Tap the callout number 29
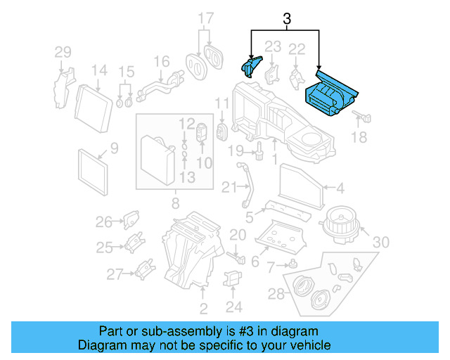point(63,51)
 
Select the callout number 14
point(98,70)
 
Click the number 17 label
point(205,18)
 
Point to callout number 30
point(380,242)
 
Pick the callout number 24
point(234,306)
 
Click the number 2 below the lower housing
point(203,308)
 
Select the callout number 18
point(359,138)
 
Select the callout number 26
point(104,222)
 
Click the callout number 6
point(255,261)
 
